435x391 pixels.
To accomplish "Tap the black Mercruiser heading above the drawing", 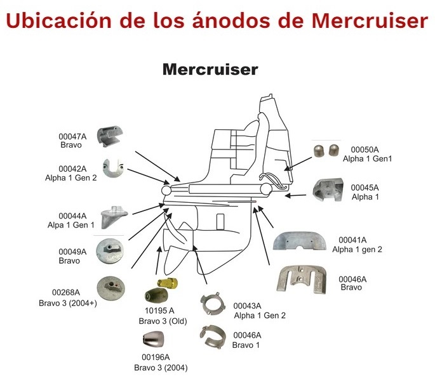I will (210, 69).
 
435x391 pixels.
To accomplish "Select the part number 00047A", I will (72, 136).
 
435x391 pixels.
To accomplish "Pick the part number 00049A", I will (72, 252).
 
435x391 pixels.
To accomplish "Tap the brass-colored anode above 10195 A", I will (166, 283).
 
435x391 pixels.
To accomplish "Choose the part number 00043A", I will (246, 305).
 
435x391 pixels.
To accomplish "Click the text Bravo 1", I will (246, 345).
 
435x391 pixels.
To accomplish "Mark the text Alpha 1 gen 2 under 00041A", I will (358, 250).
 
